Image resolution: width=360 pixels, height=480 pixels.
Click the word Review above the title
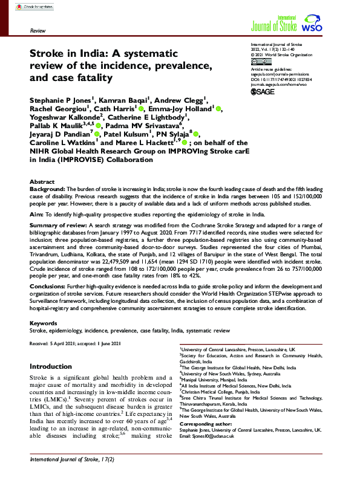(x=39, y=30)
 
